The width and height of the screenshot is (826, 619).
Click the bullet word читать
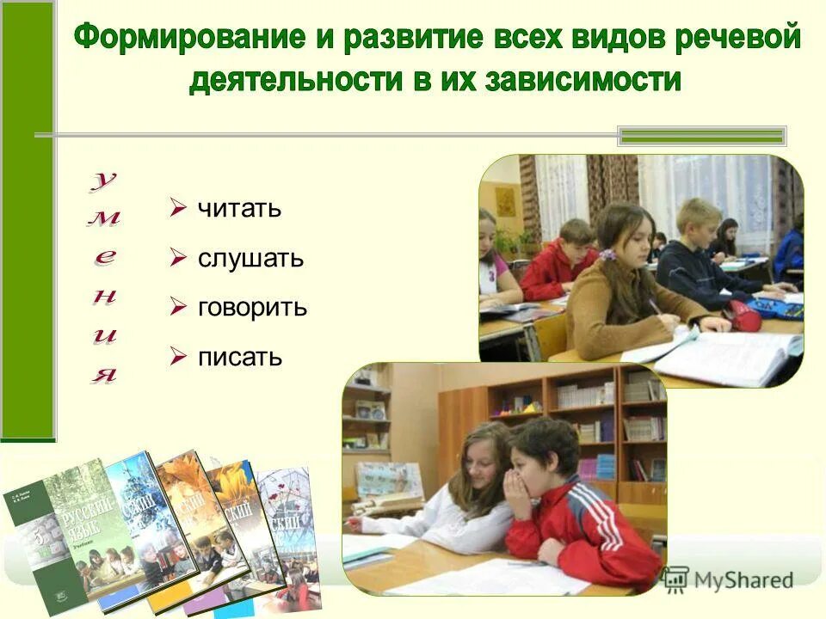pyautogui.click(x=239, y=209)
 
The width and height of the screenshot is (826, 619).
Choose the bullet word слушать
pyautogui.click(x=250, y=258)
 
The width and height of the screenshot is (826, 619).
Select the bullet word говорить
pyautogui.click(x=252, y=308)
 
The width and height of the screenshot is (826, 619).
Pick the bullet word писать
pyautogui.click(x=240, y=357)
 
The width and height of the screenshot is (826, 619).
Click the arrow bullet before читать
pyautogui.click(x=178, y=208)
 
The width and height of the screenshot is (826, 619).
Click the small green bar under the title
pyautogui.click(x=702, y=135)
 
